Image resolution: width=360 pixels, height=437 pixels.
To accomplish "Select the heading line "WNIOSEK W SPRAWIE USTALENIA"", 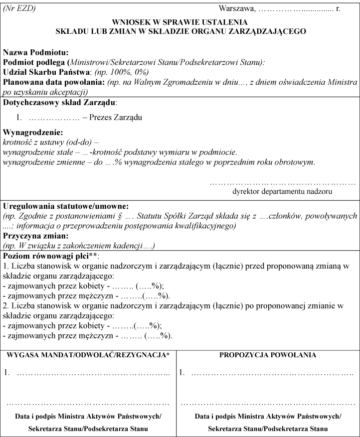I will click(180, 22).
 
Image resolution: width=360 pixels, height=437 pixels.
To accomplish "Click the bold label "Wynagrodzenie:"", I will click(33, 134).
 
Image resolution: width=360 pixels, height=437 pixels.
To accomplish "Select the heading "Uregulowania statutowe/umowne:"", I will click(66, 206).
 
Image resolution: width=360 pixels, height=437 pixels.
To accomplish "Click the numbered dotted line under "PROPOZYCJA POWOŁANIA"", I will click(272, 372).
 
